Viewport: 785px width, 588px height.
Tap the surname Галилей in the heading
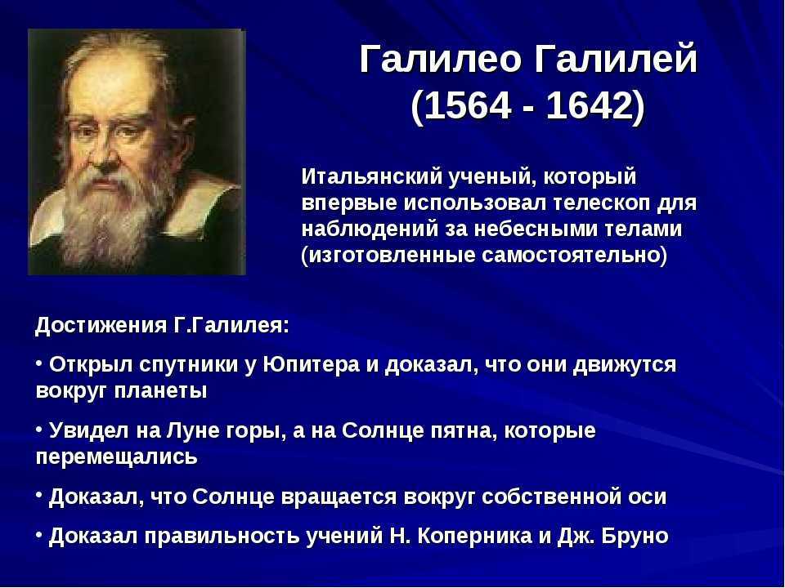pyautogui.click(x=616, y=59)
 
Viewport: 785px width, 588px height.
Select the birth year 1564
pyautogui.click(x=468, y=105)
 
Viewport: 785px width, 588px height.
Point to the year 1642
pyautogui.click(x=590, y=105)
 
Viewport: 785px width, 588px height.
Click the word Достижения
pyautogui.click(x=101, y=326)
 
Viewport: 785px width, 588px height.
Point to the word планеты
pyautogui.click(x=160, y=390)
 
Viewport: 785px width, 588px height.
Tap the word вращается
pyautogui.click(x=339, y=497)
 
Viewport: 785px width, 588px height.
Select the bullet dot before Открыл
pyautogui.click(x=39, y=363)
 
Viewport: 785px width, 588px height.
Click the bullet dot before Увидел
pyautogui.click(x=39, y=429)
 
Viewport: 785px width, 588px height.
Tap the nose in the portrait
pyautogui.click(x=105, y=154)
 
